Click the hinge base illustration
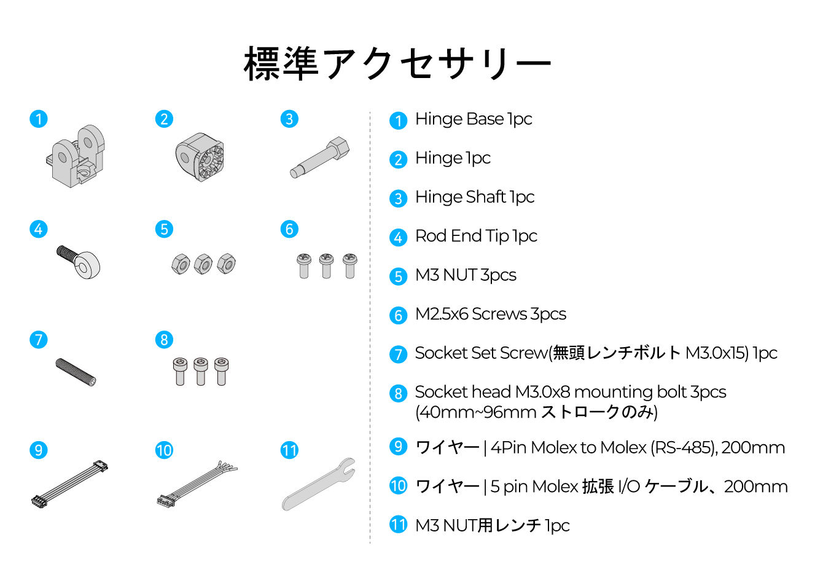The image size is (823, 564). (x=76, y=156)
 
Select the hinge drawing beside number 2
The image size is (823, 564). (x=200, y=157)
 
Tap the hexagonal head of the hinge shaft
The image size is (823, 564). (x=338, y=147)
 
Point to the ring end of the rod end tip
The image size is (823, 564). (x=87, y=265)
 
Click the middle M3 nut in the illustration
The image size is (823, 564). (x=203, y=264)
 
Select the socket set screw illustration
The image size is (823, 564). (x=76, y=372)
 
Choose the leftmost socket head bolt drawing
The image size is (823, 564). (x=180, y=372)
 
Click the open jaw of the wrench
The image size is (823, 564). (x=346, y=469)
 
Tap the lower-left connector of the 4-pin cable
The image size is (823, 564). (x=39, y=501)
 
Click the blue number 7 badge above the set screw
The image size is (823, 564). (x=39, y=340)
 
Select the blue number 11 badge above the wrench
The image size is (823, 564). (x=289, y=450)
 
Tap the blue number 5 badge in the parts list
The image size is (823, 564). (x=398, y=276)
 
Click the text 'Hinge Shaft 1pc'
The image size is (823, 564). (x=475, y=197)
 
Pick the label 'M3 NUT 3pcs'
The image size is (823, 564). (x=466, y=275)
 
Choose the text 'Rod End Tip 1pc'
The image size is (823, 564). (x=476, y=236)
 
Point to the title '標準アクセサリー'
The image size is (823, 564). (x=397, y=63)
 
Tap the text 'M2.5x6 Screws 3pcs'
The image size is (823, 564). (x=491, y=314)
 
